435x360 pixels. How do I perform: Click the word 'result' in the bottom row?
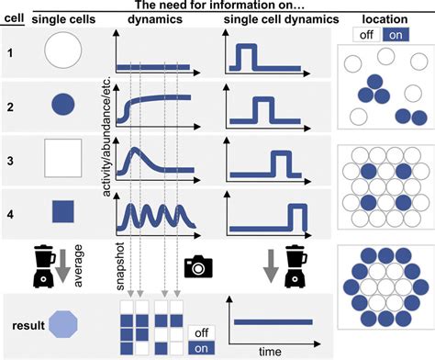coord(25,324)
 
